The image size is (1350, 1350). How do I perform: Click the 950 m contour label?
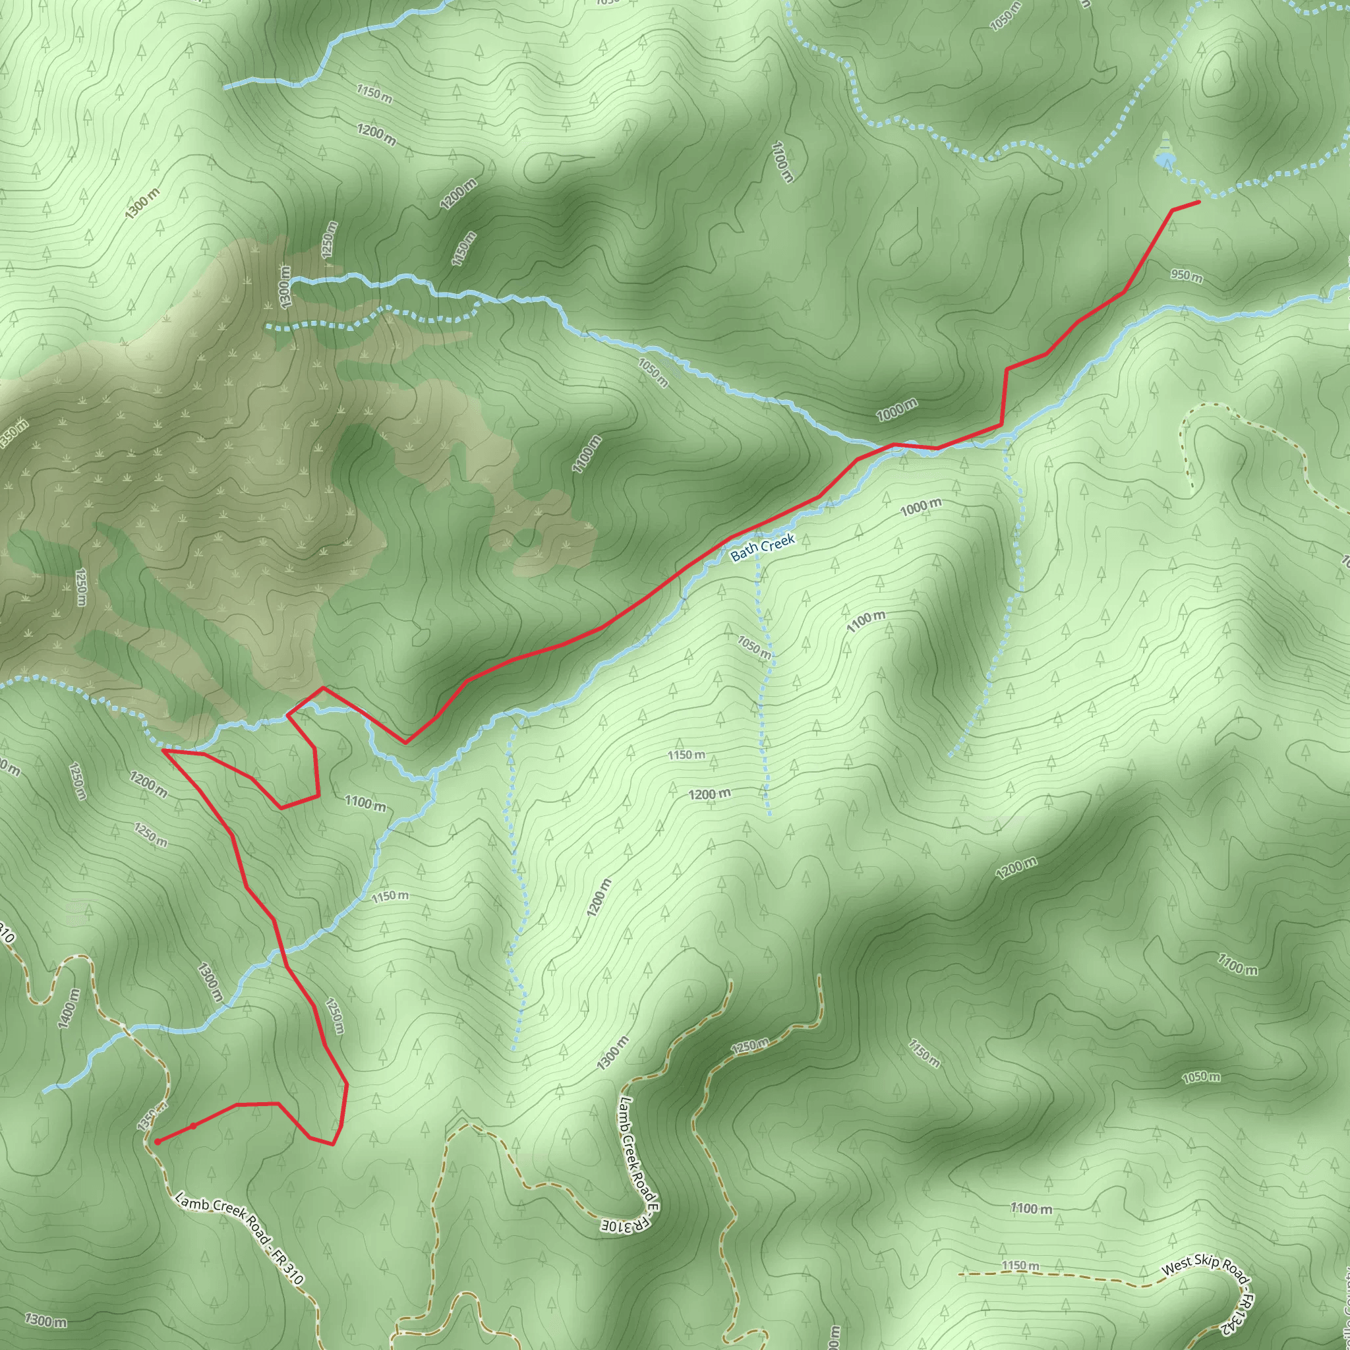(x=1187, y=277)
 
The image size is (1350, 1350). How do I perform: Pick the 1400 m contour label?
(x=69, y=1009)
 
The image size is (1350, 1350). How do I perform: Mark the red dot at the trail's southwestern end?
(x=158, y=1142)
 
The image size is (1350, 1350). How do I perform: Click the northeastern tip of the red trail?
(x=1199, y=202)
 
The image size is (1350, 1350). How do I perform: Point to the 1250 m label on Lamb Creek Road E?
(x=749, y=1046)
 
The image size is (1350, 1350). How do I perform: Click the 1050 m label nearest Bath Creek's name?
(x=755, y=648)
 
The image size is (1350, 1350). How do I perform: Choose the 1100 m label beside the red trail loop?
(x=365, y=804)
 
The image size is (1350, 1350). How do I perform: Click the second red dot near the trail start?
(x=193, y=1126)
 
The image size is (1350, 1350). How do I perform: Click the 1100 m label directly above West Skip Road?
(x=1031, y=1208)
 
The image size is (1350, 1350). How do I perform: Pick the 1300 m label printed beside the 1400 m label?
(x=209, y=982)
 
